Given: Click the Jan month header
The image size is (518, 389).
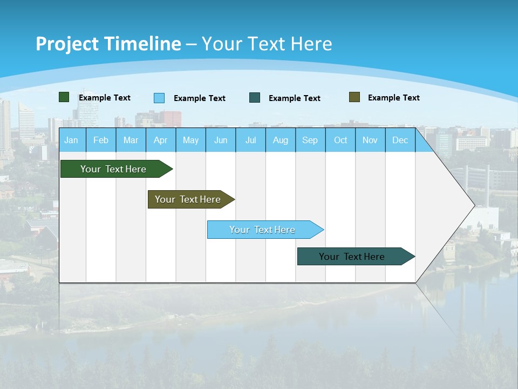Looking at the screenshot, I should coord(71,140).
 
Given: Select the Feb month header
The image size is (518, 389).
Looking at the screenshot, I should coord(101,140).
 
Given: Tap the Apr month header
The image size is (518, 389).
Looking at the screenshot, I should coord(160,140).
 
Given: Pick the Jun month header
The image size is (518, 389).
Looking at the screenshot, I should coord(221,140).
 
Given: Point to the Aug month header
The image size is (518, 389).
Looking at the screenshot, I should coord(280,140).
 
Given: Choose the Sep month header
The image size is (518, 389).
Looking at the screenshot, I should coord(310,140).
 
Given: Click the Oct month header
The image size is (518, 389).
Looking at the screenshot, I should coord(340,140).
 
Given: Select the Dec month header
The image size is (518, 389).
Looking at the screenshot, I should coord(400,140).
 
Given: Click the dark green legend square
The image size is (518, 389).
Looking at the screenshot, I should coord(64,97).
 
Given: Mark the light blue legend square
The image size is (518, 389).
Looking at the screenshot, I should coord(159,98).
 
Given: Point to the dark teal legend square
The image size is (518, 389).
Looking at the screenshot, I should coord(255,98).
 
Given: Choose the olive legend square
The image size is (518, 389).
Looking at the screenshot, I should coord(355,97).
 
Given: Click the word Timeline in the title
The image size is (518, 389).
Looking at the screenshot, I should coord(143,44).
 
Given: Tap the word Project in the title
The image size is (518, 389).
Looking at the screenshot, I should coord(67,44).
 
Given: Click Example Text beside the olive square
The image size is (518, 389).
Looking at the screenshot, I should coord(393,98).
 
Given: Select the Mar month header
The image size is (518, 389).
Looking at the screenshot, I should coord(131,140).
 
